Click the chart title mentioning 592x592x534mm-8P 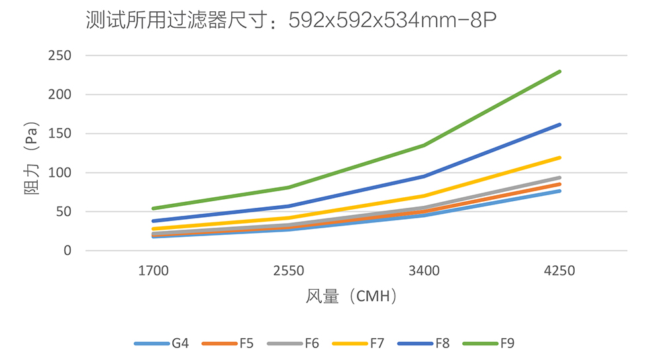[x=292, y=21]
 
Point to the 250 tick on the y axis [x=60, y=56]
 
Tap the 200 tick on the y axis [x=60, y=95]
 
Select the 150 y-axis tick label [x=60, y=134]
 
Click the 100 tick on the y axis [x=60, y=173]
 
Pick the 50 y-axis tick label [x=63, y=212]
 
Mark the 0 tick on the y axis [x=67, y=251]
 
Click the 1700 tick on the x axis [x=153, y=271]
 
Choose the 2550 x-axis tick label [x=289, y=271]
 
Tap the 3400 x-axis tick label [x=424, y=271]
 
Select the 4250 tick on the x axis [x=560, y=271]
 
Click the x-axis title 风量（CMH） [x=352, y=296]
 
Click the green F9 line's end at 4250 [x=560, y=71]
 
